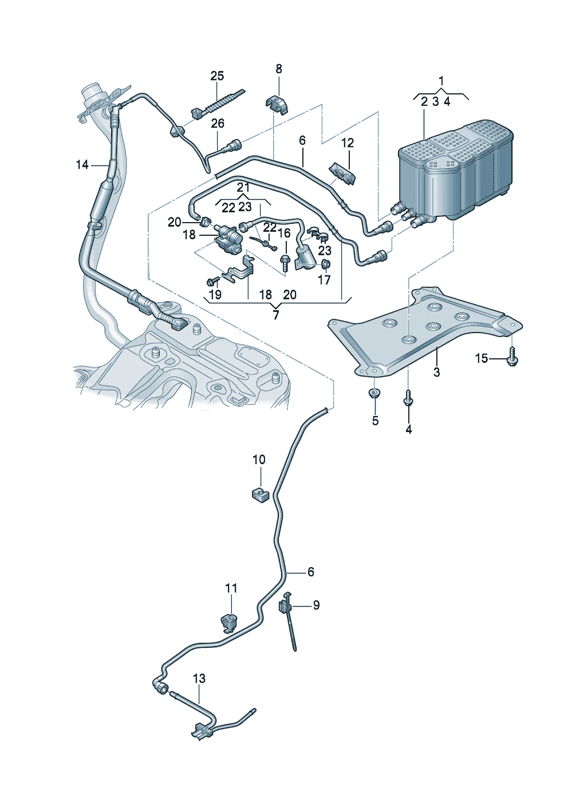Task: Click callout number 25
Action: [x=217, y=76]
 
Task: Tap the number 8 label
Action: [x=279, y=69]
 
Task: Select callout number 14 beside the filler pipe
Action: [x=82, y=165]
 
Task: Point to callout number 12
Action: [x=348, y=143]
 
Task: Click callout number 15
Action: [x=482, y=358]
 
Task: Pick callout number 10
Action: [x=259, y=460]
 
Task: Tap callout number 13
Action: [x=199, y=679]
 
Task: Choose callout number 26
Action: [x=218, y=124]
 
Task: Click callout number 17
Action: [x=324, y=280]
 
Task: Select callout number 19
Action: [x=215, y=295]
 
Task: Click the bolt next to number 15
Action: [x=512, y=357]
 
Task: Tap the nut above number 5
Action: [x=374, y=393]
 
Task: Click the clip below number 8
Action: [x=277, y=105]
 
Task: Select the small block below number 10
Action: [x=259, y=493]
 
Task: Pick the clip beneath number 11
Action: [x=229, y=622]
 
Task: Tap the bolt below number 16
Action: [x=285, y=265]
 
